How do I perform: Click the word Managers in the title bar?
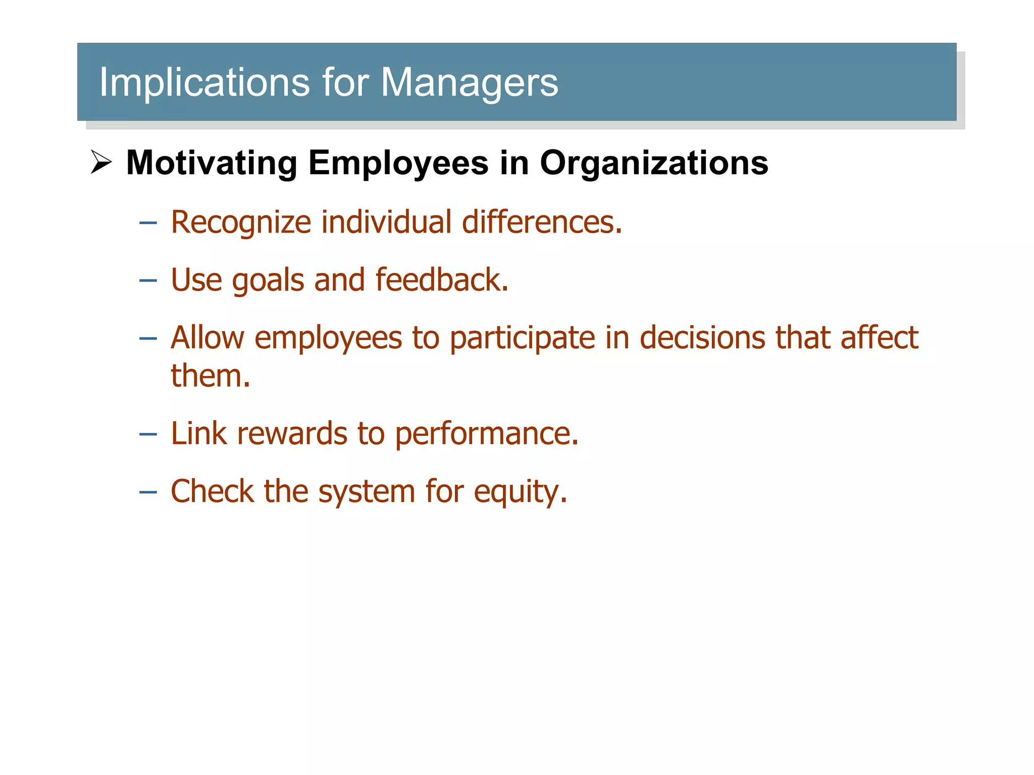[470, 82]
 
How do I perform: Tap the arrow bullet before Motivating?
[101, 162]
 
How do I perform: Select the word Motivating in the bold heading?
[212, 163]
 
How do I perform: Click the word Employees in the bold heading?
[398, 163]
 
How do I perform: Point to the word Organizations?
[654, 163]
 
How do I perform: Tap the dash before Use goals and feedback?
[148, 280]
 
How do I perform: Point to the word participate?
[522, 338]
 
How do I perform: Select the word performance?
[486, 434]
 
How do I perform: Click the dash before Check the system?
[148, 491]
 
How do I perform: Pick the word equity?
[520, 492]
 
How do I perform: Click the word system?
[367, 492]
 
